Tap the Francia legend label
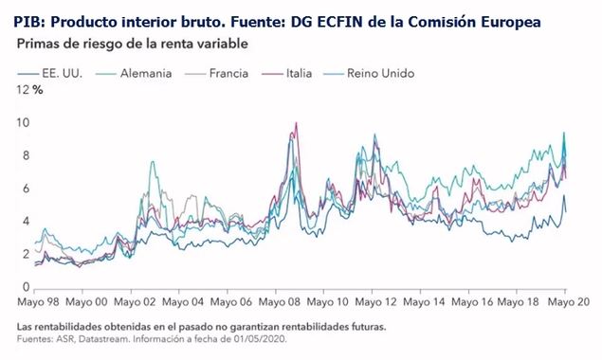[228, 73]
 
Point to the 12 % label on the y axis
[29, 90]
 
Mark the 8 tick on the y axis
[26, 155]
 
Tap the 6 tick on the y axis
[26, 189]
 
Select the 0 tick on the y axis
[26, 287]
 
